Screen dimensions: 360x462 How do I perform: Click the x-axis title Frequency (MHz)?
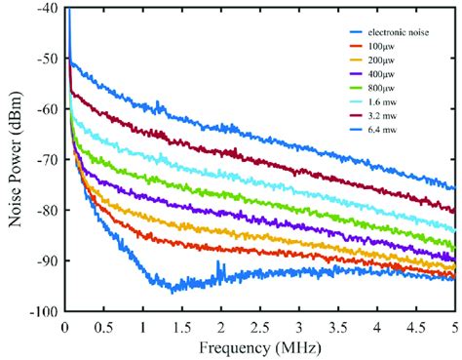(258, 347)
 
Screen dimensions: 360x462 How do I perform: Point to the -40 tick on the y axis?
(46, 9)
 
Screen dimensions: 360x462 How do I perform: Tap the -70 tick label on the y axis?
(46, 160)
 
